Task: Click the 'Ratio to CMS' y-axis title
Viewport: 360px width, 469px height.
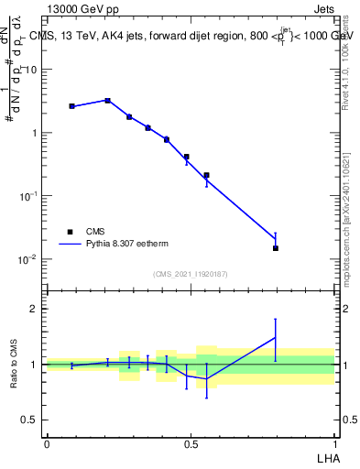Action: (15, 364)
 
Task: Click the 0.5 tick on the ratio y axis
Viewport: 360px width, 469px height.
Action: (29, 420)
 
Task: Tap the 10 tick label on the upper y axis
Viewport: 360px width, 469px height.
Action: (30, 70)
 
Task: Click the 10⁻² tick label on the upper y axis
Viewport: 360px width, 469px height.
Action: (27, 259)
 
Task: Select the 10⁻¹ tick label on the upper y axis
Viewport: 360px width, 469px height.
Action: (27, 196)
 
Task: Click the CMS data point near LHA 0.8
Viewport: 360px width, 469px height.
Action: (275, 248)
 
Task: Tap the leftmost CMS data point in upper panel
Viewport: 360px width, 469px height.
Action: (71, 106)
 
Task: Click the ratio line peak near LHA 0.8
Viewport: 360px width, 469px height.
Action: (275, 337)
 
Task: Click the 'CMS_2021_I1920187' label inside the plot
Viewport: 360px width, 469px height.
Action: (191, 274)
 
